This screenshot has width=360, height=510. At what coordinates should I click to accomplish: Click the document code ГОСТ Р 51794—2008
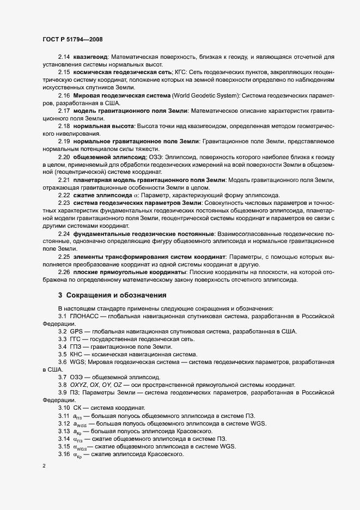(x=72, y=40)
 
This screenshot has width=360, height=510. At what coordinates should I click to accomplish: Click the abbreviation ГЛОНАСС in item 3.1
(x=84, y=316)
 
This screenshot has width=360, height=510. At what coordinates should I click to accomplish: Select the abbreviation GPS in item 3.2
(x=75, y=331)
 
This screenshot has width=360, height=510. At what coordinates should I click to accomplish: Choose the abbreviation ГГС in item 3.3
(x=75, y=339)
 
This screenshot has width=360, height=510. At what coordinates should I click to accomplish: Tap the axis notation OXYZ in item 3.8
(x=78, y=385)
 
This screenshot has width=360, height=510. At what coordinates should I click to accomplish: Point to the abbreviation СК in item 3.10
(x=77, y=408)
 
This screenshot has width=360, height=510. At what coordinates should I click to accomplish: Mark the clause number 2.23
(x=64, y=203)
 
